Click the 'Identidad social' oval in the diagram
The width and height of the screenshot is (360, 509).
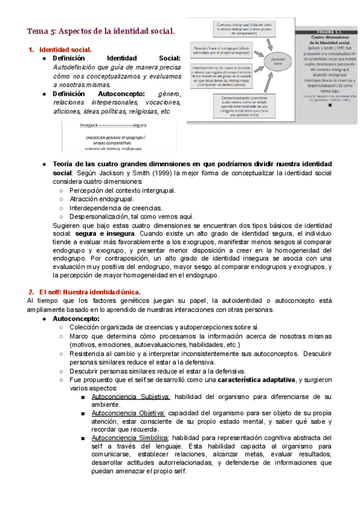pyautogui.click(x=278, y=60)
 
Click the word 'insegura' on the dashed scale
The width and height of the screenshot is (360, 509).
pyautogui.click(x=88, y=125)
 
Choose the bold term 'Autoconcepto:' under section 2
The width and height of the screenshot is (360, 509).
pyautogui.click(x=76, y=318)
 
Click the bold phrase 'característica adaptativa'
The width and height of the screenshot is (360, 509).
pyautogui.click(x=257, y=380)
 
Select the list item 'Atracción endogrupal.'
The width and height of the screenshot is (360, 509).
pyautogui.click(x=102, y=199)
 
